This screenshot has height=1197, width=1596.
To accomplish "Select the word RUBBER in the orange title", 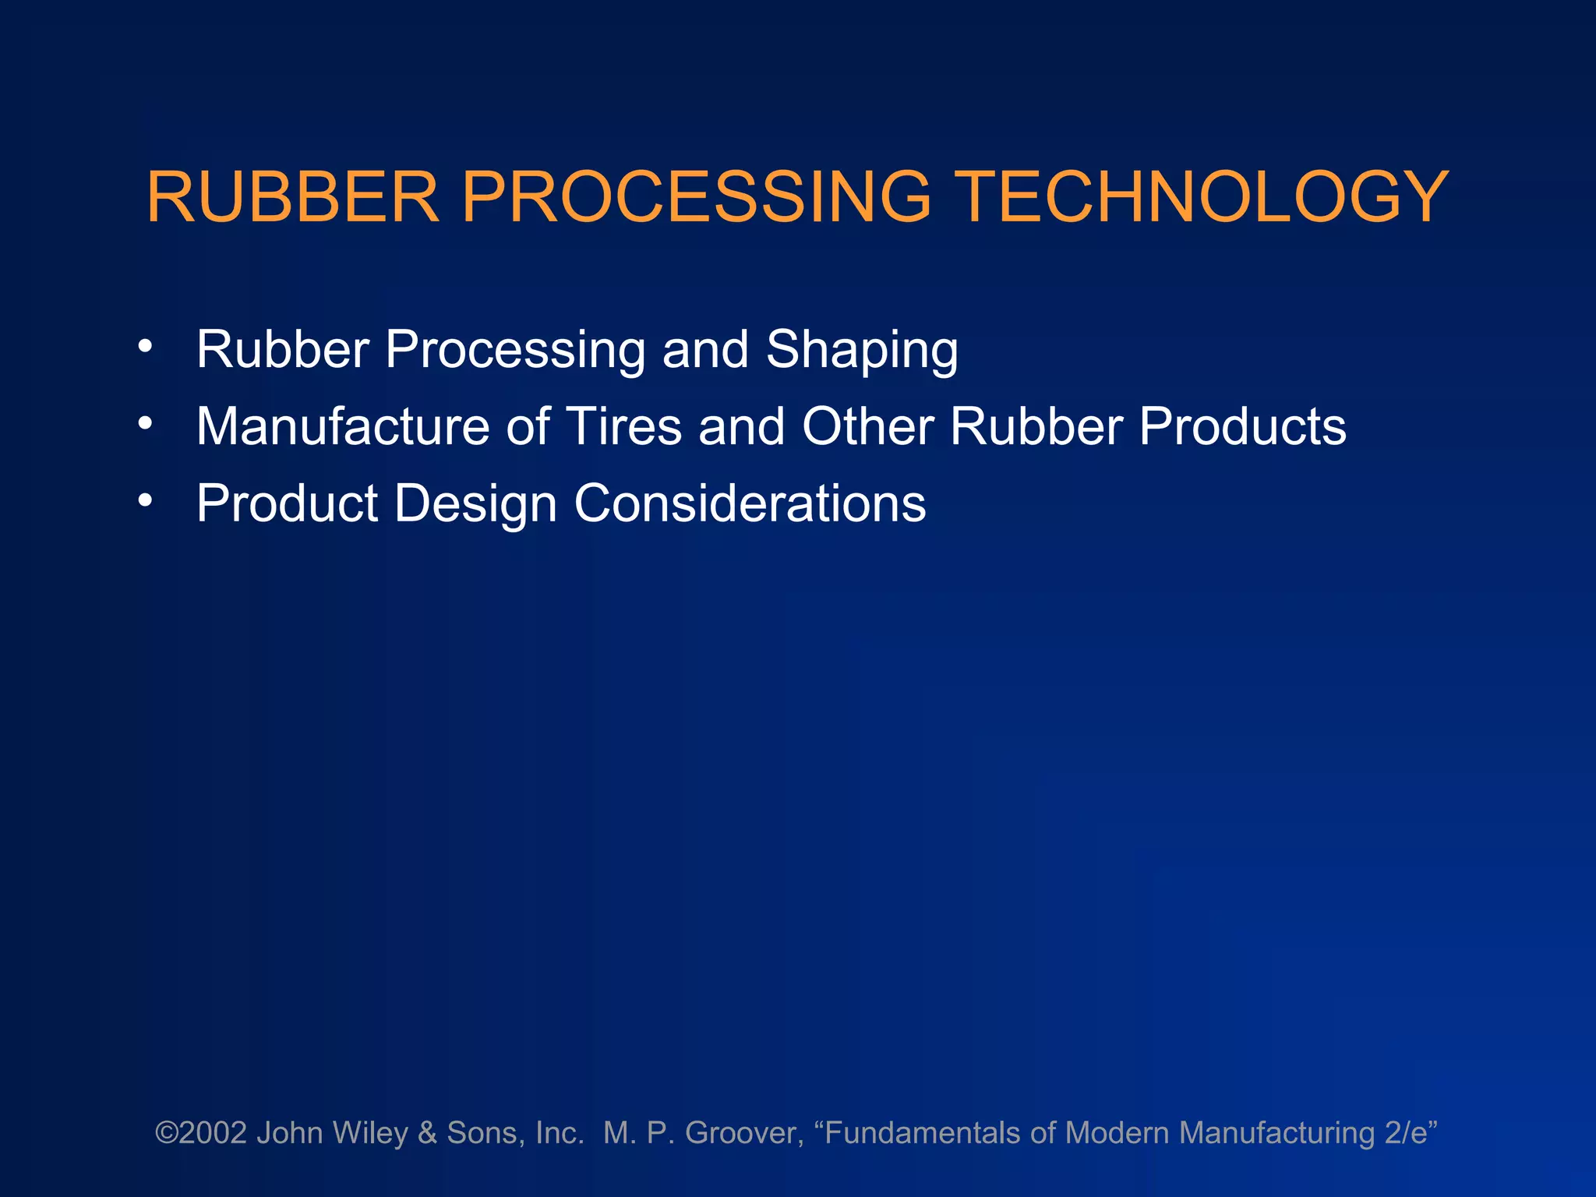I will point(293,197).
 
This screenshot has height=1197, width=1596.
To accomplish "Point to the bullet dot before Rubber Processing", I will point(145,346).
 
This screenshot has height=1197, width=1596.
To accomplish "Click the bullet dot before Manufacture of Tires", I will point(145,423).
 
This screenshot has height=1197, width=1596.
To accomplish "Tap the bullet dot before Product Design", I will point(145,500).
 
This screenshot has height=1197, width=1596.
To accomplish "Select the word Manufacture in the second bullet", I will point(343,426).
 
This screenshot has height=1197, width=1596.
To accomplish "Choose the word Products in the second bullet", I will point(1242,426).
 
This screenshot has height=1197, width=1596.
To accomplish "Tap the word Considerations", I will point(750,503).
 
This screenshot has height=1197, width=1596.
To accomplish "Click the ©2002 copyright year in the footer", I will point(201,1132).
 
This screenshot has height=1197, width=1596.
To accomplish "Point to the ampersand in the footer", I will point(426,1133).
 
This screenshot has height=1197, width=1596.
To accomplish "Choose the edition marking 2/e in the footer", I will point(1405,1133).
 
